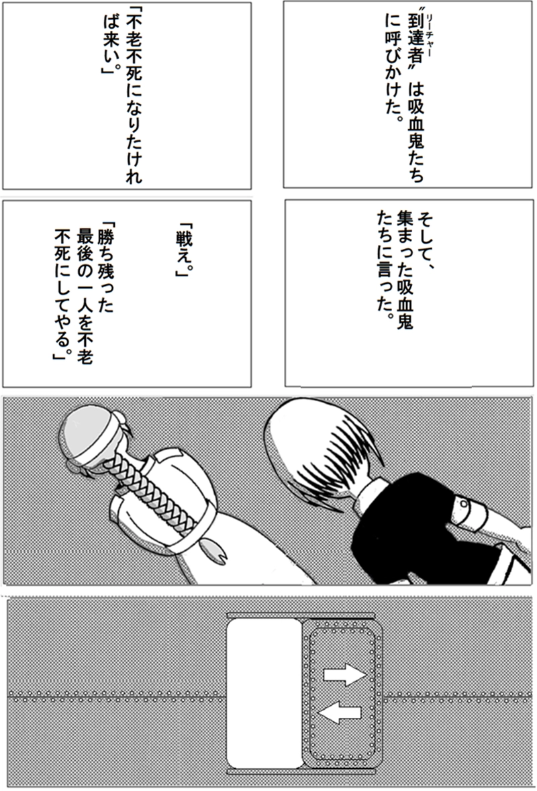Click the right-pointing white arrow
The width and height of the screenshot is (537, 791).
click(344, 675)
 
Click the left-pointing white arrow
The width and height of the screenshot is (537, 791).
click(342, 714)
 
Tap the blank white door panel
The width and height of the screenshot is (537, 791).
click(264, 693)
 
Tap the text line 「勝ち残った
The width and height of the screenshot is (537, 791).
click(107, 268)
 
